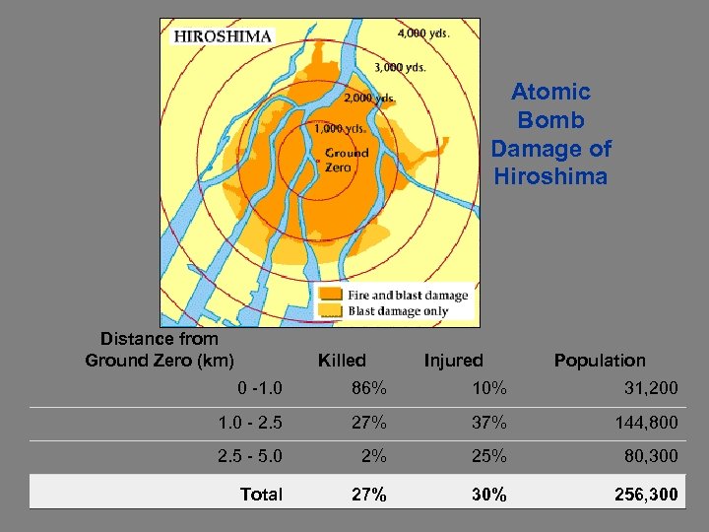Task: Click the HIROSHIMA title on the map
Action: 224,35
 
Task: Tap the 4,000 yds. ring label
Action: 423,33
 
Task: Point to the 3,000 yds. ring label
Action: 400,67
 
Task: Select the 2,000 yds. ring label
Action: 370,98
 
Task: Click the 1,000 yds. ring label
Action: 342,128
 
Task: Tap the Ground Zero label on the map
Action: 347,159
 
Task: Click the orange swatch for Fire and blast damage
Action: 332,295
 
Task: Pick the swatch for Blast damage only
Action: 332,311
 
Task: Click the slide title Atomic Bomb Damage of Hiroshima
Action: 550,134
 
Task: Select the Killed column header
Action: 342,361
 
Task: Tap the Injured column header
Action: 454,361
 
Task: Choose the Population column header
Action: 600,361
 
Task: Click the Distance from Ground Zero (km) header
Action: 160,350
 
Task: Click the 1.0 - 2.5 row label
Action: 250,423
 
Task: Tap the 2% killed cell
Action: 374,457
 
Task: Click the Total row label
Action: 261,495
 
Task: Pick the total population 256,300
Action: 645,495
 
